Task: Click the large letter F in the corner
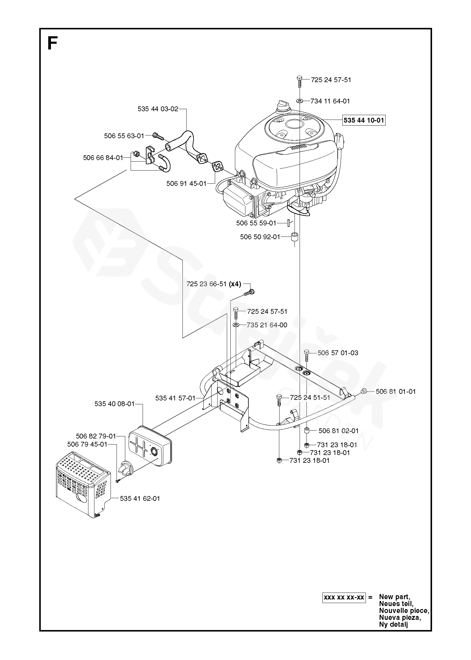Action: (x=52, y=44)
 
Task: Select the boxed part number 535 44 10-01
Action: (x=364, y=120)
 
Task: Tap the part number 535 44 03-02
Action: (x=158, y=109)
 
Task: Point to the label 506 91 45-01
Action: (x=186, y=183)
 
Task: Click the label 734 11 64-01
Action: (x=330, y=101)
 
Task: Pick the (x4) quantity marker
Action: (x=235, y=284)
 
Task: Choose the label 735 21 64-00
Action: (x=267, y=325)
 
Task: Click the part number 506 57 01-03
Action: (x=338, y=353)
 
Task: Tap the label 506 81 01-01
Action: (x=396, y=391)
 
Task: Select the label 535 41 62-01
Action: (x=140, y=498)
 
